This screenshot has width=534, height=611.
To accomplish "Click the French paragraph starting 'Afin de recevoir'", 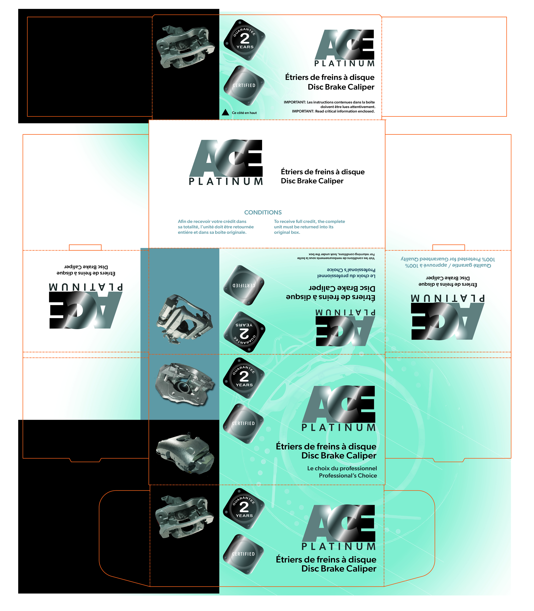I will (x=216, y=227).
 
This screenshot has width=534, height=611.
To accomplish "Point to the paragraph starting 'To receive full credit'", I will (x=309, y=227).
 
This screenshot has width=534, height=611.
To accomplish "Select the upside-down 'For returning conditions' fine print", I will (x=341, y=254).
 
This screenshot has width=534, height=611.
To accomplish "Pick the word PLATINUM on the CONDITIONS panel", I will (x=226, y=181).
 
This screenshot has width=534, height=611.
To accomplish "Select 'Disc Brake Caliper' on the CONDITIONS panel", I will (x=312, y=181).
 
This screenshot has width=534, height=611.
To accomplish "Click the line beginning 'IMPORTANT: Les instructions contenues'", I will (x=329, y=102).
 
